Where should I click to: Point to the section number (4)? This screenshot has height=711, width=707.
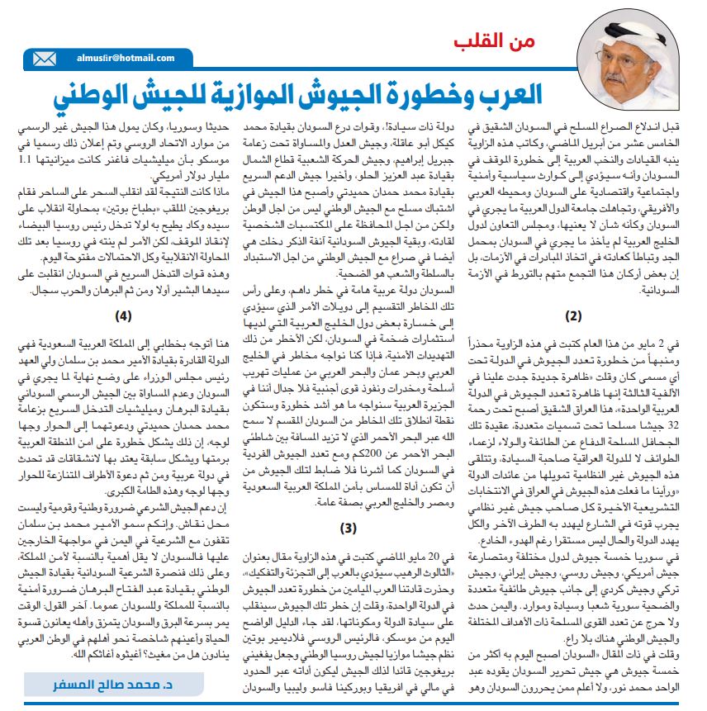point(123,315)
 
